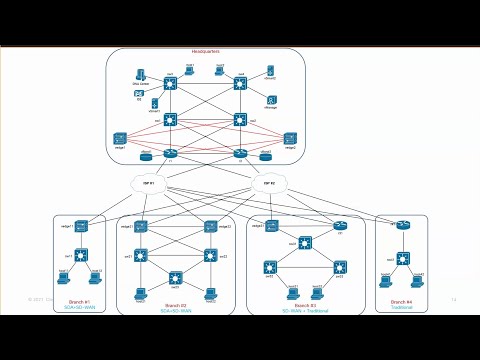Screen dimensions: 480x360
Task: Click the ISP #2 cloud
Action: [268, 183]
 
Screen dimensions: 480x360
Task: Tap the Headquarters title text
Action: [205, 52]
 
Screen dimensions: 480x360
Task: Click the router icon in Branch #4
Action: [403, 226]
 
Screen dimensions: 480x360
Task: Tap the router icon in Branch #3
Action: [338, 227]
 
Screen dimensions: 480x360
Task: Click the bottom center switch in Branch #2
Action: [176, 276]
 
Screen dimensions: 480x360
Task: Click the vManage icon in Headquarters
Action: [270, 100]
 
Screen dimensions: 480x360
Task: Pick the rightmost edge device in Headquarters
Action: [291, 138]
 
